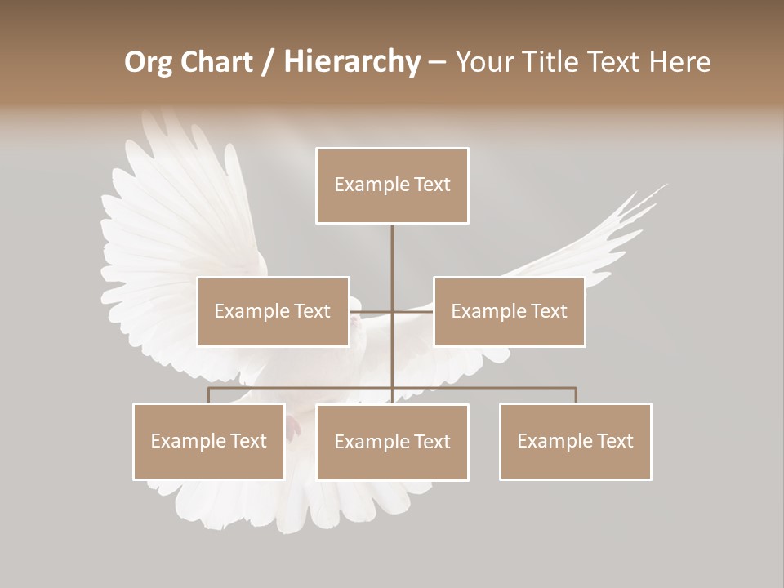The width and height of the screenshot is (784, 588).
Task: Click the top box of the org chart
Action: pos(392,185)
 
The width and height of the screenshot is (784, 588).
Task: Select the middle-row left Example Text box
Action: pos(273,311)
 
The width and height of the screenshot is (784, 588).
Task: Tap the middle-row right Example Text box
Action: pos(509,311)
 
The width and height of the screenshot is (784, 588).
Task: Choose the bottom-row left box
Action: pos(209,441)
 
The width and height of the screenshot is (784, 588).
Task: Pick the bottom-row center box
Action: pos(392,442)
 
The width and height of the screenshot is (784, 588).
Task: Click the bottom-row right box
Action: pos(575,441)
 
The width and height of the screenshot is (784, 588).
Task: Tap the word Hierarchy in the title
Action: pos(352,62)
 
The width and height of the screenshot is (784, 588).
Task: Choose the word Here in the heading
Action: pos(679,62)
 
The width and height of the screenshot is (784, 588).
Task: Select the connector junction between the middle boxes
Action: pos(392,311)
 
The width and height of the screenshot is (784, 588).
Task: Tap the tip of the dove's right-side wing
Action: pos(666,185)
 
